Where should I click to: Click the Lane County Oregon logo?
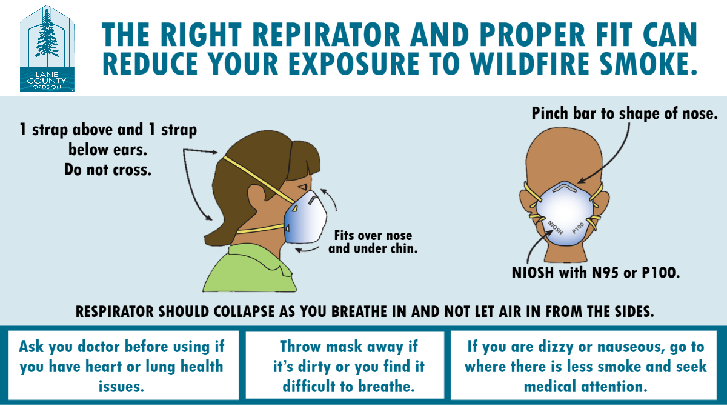point(47,48)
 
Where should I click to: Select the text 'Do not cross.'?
point(108,170)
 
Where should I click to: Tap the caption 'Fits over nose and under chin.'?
point(373,242)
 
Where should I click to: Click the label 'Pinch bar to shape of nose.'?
point(624,113)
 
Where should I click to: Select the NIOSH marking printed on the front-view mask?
point(555,227)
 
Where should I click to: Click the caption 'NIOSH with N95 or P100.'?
point(596,273)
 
